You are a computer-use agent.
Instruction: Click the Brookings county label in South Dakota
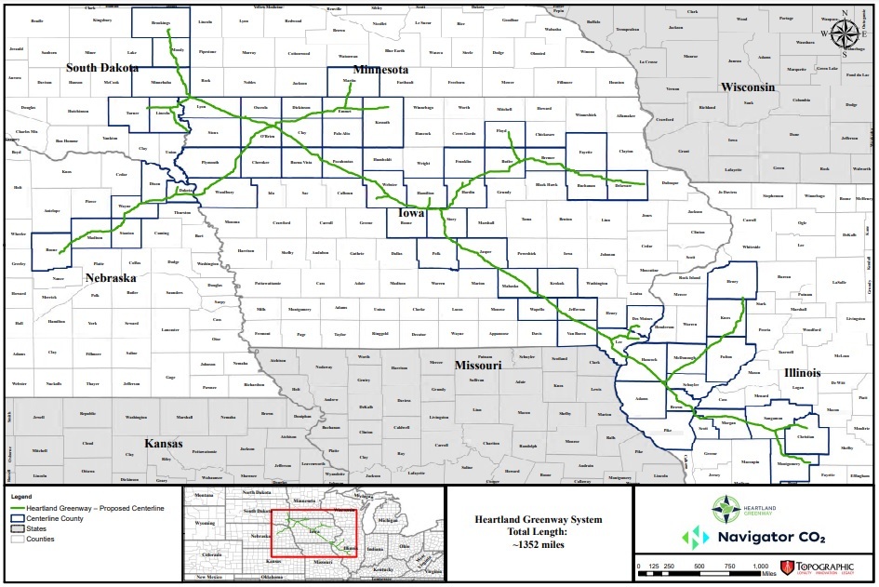(x=160, y=20)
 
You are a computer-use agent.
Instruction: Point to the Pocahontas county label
(x=341, y=161)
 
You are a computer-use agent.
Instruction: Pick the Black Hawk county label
(x=547, y=185)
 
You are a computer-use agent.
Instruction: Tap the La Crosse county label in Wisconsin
(x=648, y=61)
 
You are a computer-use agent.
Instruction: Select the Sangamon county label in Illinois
(x=771, y=420)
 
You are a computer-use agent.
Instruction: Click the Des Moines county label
(x=642, y=319)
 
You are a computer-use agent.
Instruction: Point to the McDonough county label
(x=685, y=358)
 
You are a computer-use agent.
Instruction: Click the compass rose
(x=845, y=33)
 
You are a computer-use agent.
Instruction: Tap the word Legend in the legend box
(x=22, y=496)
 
